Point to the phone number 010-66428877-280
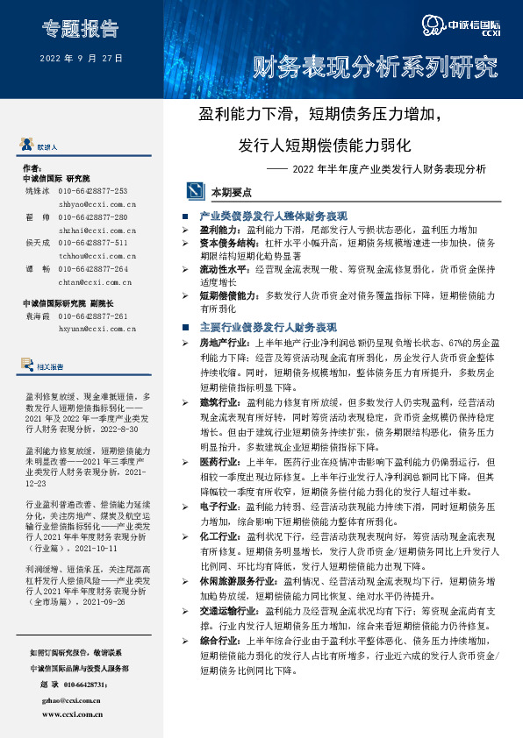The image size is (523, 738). click(x=93, y=216)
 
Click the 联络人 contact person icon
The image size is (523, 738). click(x=29, y=146)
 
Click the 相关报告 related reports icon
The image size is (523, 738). click(x=29, y=366)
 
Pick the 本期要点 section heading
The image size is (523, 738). click(x=231, y=191)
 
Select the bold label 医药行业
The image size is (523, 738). click(x=219, y=461)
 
